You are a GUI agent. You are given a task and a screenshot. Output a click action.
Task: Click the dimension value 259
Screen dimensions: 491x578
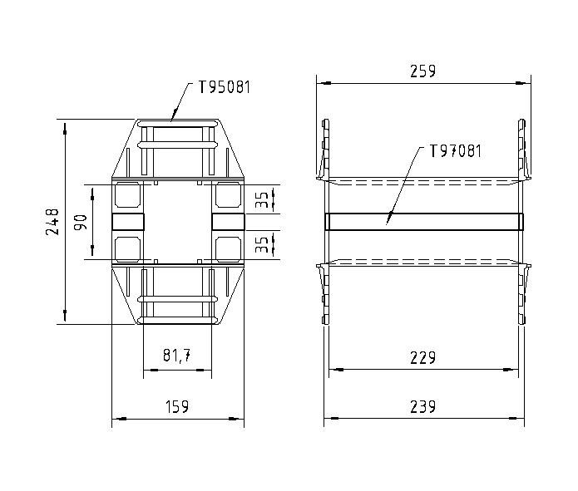point(422,71)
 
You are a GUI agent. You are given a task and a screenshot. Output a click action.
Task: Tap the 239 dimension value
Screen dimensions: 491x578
point(424,406)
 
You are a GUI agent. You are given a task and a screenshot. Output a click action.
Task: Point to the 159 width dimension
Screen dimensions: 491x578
point(176,406)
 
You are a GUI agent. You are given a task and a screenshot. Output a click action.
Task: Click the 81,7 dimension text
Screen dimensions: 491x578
point(176,356)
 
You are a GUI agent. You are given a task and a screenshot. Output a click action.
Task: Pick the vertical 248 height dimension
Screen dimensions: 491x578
point(52,221)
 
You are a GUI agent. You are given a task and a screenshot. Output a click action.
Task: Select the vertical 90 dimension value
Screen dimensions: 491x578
point(81,222)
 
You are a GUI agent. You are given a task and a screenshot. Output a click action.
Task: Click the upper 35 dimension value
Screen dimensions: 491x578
point(263,199)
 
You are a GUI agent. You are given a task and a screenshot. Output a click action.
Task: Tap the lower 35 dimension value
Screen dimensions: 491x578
point(263,244)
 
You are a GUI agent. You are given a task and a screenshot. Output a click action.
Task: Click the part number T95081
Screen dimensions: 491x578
point(224,86)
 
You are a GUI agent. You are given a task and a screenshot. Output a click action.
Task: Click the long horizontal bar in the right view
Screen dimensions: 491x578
point(424,221)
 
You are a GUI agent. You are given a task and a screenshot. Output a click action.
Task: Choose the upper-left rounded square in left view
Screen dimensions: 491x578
point(127,195)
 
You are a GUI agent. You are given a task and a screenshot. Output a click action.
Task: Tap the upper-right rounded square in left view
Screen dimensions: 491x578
point(227,195)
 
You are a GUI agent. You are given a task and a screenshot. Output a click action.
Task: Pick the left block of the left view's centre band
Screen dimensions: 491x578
point(127,221)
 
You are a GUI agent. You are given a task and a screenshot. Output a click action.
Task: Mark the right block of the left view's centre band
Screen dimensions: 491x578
point(227,221)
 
